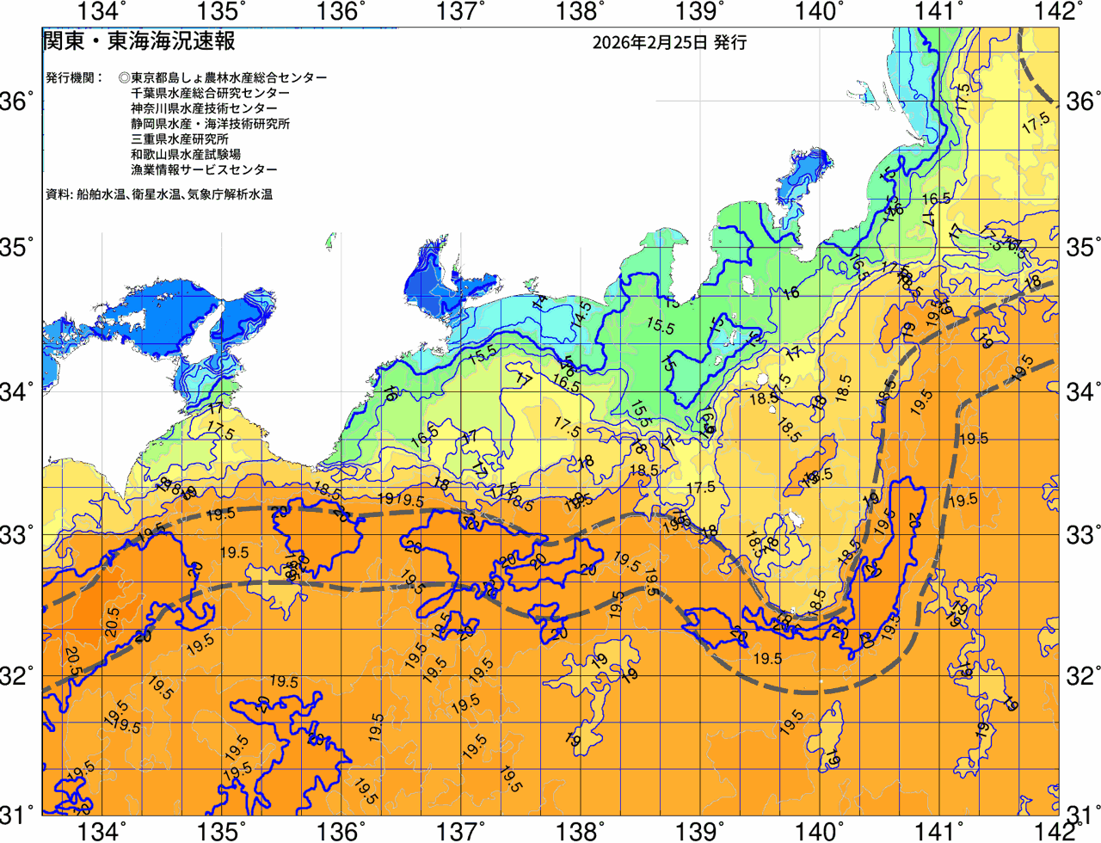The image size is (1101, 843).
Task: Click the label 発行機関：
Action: (x=74, y=77)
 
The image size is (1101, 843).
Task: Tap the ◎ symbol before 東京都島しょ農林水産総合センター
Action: (x=124, y=77)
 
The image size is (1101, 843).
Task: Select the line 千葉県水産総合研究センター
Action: (x=210, y=93)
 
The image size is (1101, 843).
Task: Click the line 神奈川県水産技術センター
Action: (x=204, y=108)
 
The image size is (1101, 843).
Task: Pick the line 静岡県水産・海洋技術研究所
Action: (x=210, y=124)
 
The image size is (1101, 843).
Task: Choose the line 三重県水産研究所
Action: (x=180, y=139)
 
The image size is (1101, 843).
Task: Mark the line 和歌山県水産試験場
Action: (x=186, y=155)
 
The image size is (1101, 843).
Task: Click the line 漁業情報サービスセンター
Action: (x=204, y=170)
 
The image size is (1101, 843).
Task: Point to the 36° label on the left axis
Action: (x=18, y=102)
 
